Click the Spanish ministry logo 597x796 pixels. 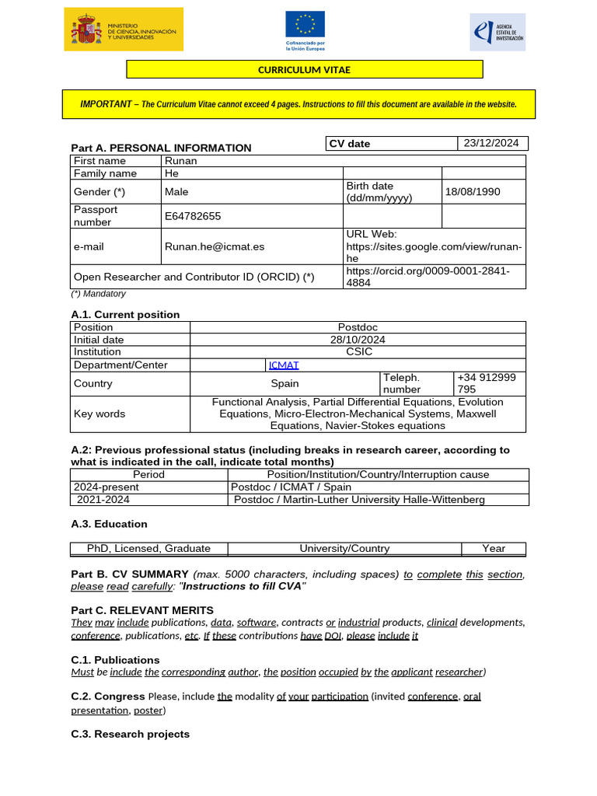point(124,30)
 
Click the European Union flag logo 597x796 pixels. point(305,30)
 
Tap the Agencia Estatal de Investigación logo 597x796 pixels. point(497,32)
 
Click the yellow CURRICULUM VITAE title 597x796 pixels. point(304,70)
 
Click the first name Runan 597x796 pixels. point(181,161)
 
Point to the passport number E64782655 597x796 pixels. point(193,216)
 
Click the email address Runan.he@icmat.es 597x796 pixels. point(215,246)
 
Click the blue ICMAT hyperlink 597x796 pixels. point(284,365)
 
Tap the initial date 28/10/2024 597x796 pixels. point(358,340)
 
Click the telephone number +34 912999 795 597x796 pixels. point(486,383)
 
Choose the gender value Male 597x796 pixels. point(176,192)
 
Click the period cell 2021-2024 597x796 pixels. point(103,499)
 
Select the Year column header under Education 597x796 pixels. point(493,548)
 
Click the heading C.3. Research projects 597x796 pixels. point(130,734)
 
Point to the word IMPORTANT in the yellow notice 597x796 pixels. point(106,104)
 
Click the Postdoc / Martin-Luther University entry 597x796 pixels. point(359,499)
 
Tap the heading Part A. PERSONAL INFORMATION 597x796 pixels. point(161,148)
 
